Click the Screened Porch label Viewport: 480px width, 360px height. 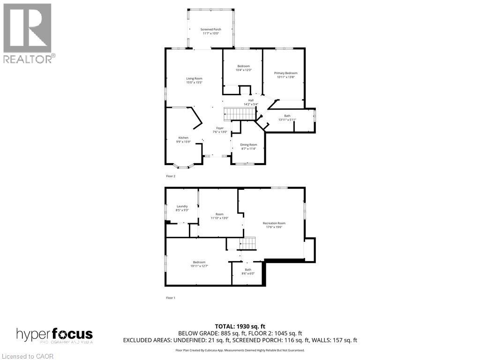pyautogui.click(x=211, y=30)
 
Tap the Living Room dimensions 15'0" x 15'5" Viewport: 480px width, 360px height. pyautogui.click(x=194, y=82)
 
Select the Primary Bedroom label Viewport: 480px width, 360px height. pyautogui.click(x=286, y=73)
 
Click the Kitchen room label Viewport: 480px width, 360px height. pyautogui.click(x=183, y=138)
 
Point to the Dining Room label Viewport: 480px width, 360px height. pyautogui.click(x=248, y=145)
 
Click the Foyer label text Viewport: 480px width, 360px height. pyautogui.click(x=220, y=128)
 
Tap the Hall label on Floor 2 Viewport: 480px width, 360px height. pyautogui.click(x=251, y=100)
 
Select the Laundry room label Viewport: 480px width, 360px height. pyautogui.click(x=182, y=206)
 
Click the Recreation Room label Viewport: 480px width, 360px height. pyautogui.click(x=274, y=223)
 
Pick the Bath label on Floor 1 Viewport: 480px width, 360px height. pyautogui.click(x=248, y=270)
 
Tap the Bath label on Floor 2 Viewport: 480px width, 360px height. pyautogui.click(x=287, y=116)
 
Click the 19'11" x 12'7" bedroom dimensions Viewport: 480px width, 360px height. pyautogui.click(x=199, y=266)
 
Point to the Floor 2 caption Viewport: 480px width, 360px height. pyautogui.click(x=171, y=176)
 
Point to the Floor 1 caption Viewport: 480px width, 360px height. pyautogui.click(x=171, y=298)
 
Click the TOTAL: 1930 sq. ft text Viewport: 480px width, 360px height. pyautogui.click(x=240, y=326)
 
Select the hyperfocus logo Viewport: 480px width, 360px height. pyautogui.click(x=54, y=335)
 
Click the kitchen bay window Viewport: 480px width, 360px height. pyautogui.click(x=184, y=166)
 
